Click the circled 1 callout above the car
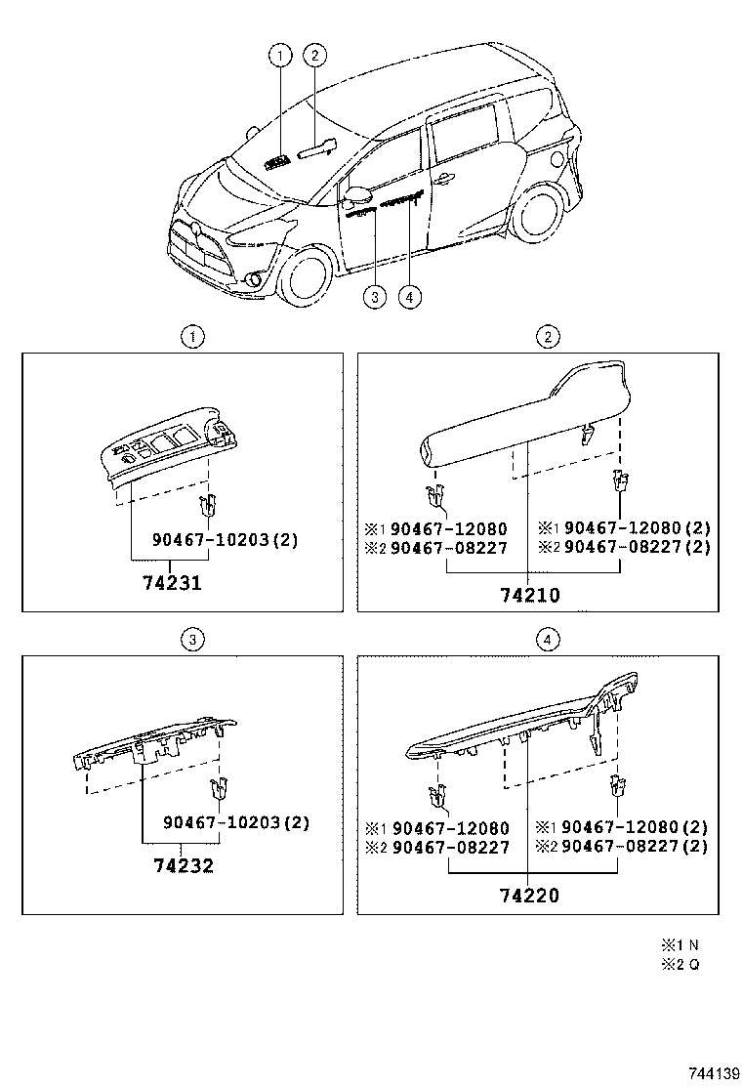click(x=281, y=56)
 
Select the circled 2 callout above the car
click(x=314, y=56)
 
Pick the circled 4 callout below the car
click(x=410, y=298)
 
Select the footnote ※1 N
click(x=680, y=944)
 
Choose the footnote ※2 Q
click(x=680, y=965)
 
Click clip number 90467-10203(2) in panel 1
click(x=225, y=540)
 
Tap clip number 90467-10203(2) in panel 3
click(x=235, y=822)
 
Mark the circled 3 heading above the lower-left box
click(x=193, y=640)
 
